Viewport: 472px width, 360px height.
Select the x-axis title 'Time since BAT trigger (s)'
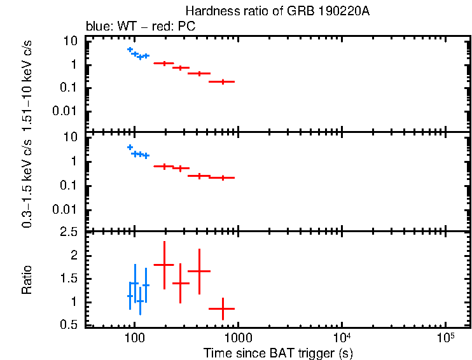[x=278, y=352]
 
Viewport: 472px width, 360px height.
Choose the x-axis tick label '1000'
[x=238, y=337]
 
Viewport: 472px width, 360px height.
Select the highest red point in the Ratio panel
[x=164, y=265]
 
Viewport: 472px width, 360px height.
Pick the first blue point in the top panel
[x=130, y=50]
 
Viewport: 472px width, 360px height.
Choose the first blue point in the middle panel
[x=130, y=148]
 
